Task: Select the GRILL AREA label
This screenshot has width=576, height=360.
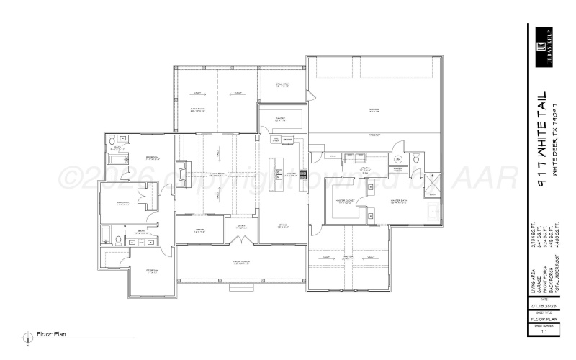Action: tap(282, 84)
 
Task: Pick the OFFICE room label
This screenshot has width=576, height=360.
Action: tap(199, 231)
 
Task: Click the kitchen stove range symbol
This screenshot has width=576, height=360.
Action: tap(303, 174)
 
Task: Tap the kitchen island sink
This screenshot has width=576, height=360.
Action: tap(276, 174)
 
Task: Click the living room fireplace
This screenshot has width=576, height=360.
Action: tap(181, 173)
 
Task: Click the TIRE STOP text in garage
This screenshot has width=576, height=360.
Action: tap(374, 135)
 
